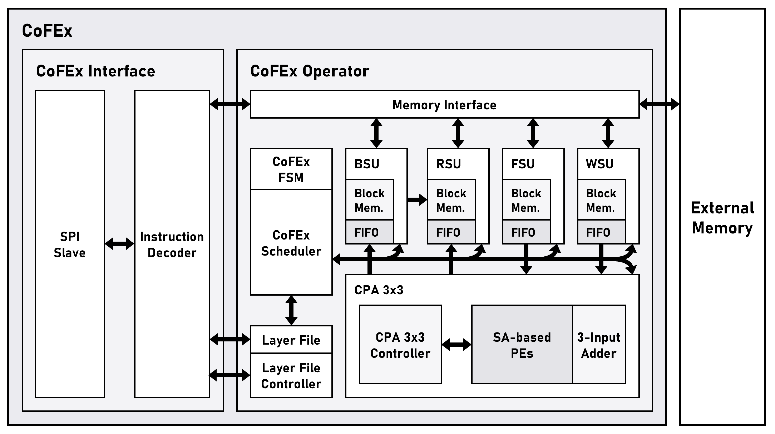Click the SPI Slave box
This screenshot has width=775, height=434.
[x=70, y=244]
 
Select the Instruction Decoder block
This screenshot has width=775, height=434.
[x=172, y=244]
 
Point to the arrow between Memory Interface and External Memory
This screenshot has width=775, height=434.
[x=659, y=104]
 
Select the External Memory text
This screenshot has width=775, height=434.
[x=722, y=217]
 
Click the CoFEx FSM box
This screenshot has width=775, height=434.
[x=291, y=169]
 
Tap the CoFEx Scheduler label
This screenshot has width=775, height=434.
[x=291, y=243]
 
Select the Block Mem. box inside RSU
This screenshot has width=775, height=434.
[x=451, y=200]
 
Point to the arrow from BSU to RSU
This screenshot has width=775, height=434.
[x=417, y=199]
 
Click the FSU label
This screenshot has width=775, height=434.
[x=523, y=164]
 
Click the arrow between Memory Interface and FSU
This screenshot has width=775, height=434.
[x=533, y=133]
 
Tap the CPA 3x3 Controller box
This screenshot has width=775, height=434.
[x=400, y=345]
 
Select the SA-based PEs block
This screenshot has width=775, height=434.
[x=522, y=345]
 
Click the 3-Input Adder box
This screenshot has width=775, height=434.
[x=599, y=345]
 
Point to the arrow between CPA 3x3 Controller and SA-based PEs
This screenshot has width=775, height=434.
[x=456, y=345]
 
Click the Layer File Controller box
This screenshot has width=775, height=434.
[x=291, y=376]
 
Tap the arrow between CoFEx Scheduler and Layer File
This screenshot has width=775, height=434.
[x=291, y=310]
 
